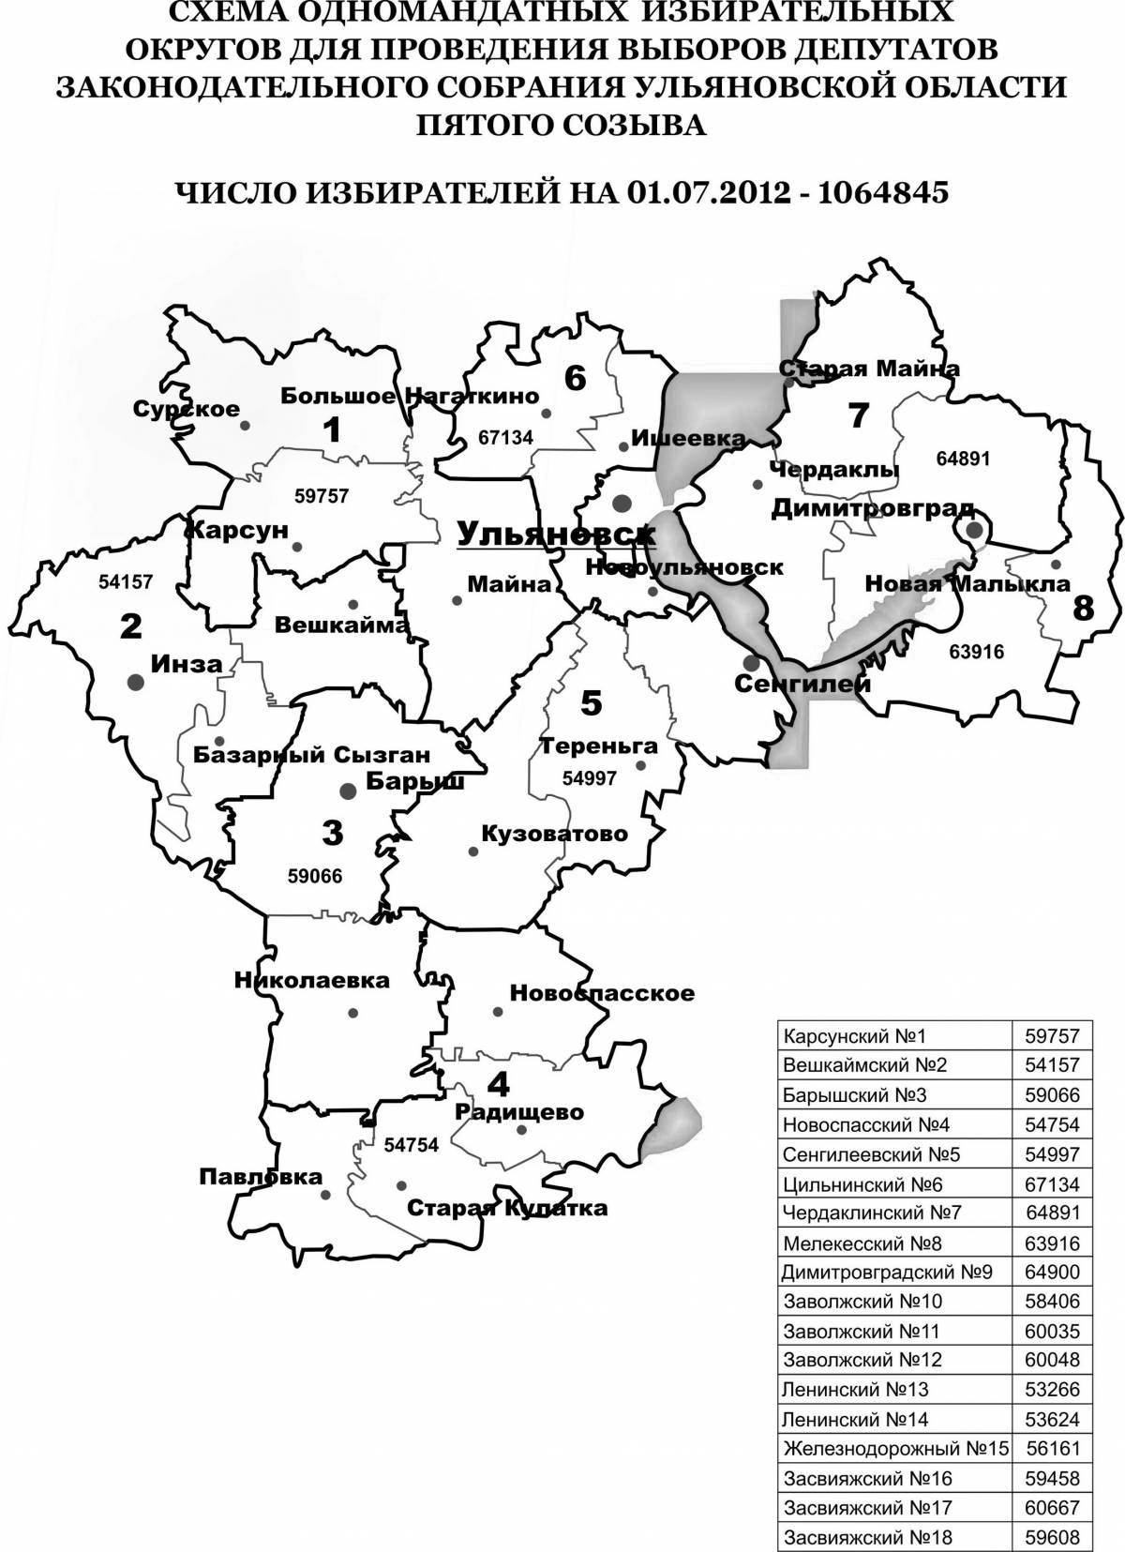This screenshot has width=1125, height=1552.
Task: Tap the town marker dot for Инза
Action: point(137,684)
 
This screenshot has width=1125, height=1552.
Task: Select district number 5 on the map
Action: point(591,703)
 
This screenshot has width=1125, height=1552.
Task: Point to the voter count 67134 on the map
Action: point(504,437)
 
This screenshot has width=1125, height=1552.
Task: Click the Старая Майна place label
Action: point(870,369)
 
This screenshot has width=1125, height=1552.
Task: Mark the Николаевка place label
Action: point(311,981)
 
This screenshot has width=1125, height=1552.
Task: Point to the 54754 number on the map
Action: point(412,1145)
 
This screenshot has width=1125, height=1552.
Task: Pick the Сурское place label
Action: point(187,410)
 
